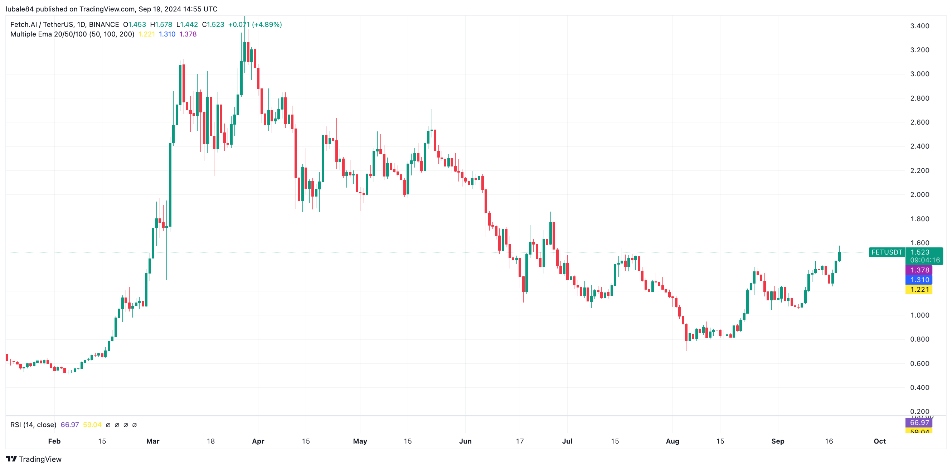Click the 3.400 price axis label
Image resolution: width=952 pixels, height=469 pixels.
point(919,26)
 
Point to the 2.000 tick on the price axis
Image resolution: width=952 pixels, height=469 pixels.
point(919,195)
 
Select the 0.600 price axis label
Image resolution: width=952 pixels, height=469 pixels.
point(919,364)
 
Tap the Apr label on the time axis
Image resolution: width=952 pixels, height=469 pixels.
point(258,441)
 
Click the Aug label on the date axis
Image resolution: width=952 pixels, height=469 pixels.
point(672,441)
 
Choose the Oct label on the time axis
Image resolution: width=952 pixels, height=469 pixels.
point(880,441)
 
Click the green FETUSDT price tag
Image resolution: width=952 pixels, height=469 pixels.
point(887,252)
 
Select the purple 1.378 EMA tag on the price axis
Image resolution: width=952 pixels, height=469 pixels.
point(919,270)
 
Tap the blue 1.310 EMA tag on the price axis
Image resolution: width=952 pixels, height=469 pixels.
point(919,280)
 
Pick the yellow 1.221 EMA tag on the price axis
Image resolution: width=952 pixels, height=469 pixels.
point(919,289)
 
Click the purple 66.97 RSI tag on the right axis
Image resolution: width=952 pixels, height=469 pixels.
point(919,422)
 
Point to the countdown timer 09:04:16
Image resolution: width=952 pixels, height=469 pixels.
point(925,260)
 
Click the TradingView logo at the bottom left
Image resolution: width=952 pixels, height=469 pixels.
point(34,459)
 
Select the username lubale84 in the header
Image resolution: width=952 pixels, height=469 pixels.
point(20,9)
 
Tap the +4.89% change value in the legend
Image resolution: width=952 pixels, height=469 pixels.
point(267,24)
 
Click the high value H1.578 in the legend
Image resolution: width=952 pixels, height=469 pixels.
point(161,24)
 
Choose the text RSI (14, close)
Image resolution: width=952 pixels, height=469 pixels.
point(33,425)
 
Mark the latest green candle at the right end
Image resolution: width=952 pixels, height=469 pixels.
point(839,256)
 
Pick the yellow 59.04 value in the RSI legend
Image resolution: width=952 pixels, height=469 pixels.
point(92,425)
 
